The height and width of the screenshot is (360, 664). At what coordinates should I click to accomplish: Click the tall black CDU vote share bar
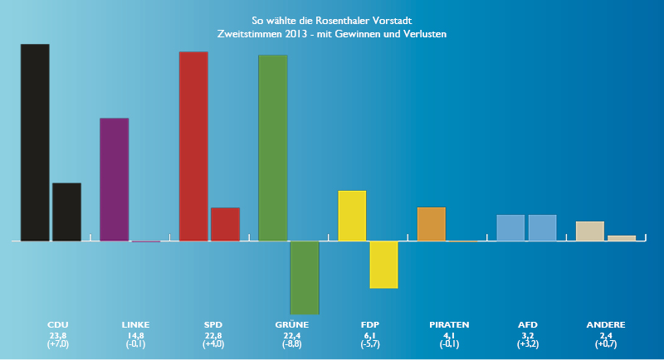pyautogui.click(x=35, y=143)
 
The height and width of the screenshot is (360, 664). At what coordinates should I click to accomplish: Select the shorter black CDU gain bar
pyautogui.click(x=66, y=212)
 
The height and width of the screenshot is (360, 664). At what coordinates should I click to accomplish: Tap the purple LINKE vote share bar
pyautogui.click(x=114, y=179)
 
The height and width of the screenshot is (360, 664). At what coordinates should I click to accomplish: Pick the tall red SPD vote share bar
pyautogui.click(x=193, y=146)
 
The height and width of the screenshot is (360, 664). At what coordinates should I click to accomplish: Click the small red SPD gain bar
pyautogui.click(x=225, y=225)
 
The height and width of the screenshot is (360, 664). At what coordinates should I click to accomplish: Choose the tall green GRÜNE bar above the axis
pyautogui.click(x=273, y=148)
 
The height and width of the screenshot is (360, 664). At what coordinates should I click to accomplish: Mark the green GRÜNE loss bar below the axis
pyautogui.click(x=305, y=278)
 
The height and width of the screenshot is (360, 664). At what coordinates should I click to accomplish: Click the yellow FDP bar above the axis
pyautogui.click(x=352, y=216)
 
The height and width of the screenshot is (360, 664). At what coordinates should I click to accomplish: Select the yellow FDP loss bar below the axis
pyautogui.click(x=383, y=265)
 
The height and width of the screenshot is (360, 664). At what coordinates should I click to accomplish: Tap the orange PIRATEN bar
pyautogui.click(x=431, y=224)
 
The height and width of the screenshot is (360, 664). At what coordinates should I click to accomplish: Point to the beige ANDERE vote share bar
pyautogui.click(x=589, y=231)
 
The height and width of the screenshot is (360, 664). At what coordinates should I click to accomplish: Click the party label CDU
pyautogui.click(x=58, y=324)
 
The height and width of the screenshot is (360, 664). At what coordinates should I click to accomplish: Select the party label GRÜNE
pyautogui.click(x=291, y=324)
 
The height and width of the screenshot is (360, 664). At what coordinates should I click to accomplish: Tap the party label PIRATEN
pyautogui.click(x=449, y=324)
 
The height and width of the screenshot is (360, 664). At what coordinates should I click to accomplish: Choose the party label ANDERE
pyautogui.click(x=605, y=324)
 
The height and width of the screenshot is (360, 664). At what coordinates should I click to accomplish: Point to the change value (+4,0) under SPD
pyautogui.click(x=213, y=343)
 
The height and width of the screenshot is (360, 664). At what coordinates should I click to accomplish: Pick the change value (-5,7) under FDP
pyautogui.click(x=370, y=343)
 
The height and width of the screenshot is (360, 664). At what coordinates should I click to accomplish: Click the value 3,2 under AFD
pyautogui.click(x=527, y=335)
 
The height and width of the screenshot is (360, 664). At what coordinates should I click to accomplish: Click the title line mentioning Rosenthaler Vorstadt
pyautogui.click(x=332, y=20)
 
